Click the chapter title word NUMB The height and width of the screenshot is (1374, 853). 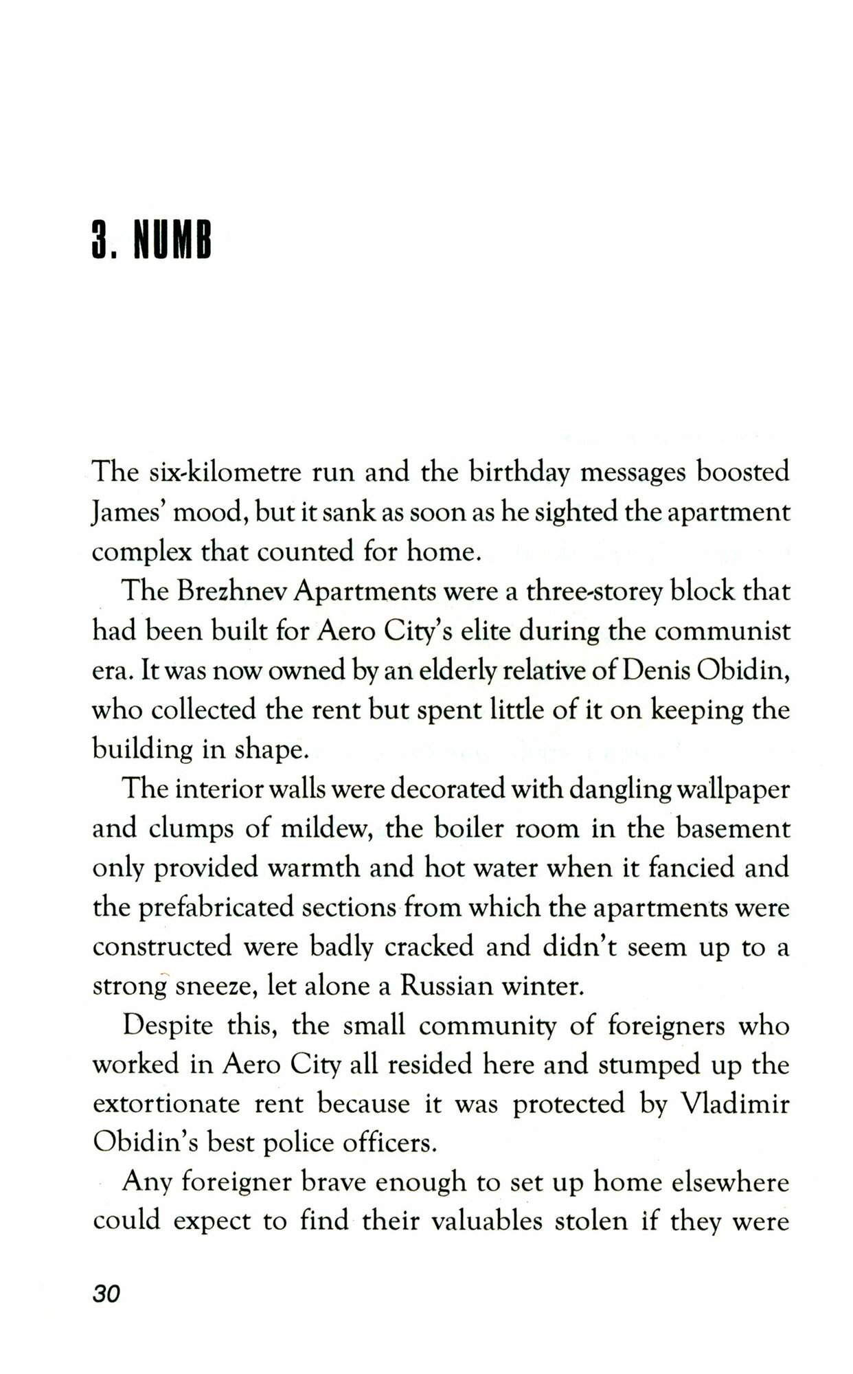pos(172,240)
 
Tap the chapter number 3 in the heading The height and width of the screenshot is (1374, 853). pos(102,240)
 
